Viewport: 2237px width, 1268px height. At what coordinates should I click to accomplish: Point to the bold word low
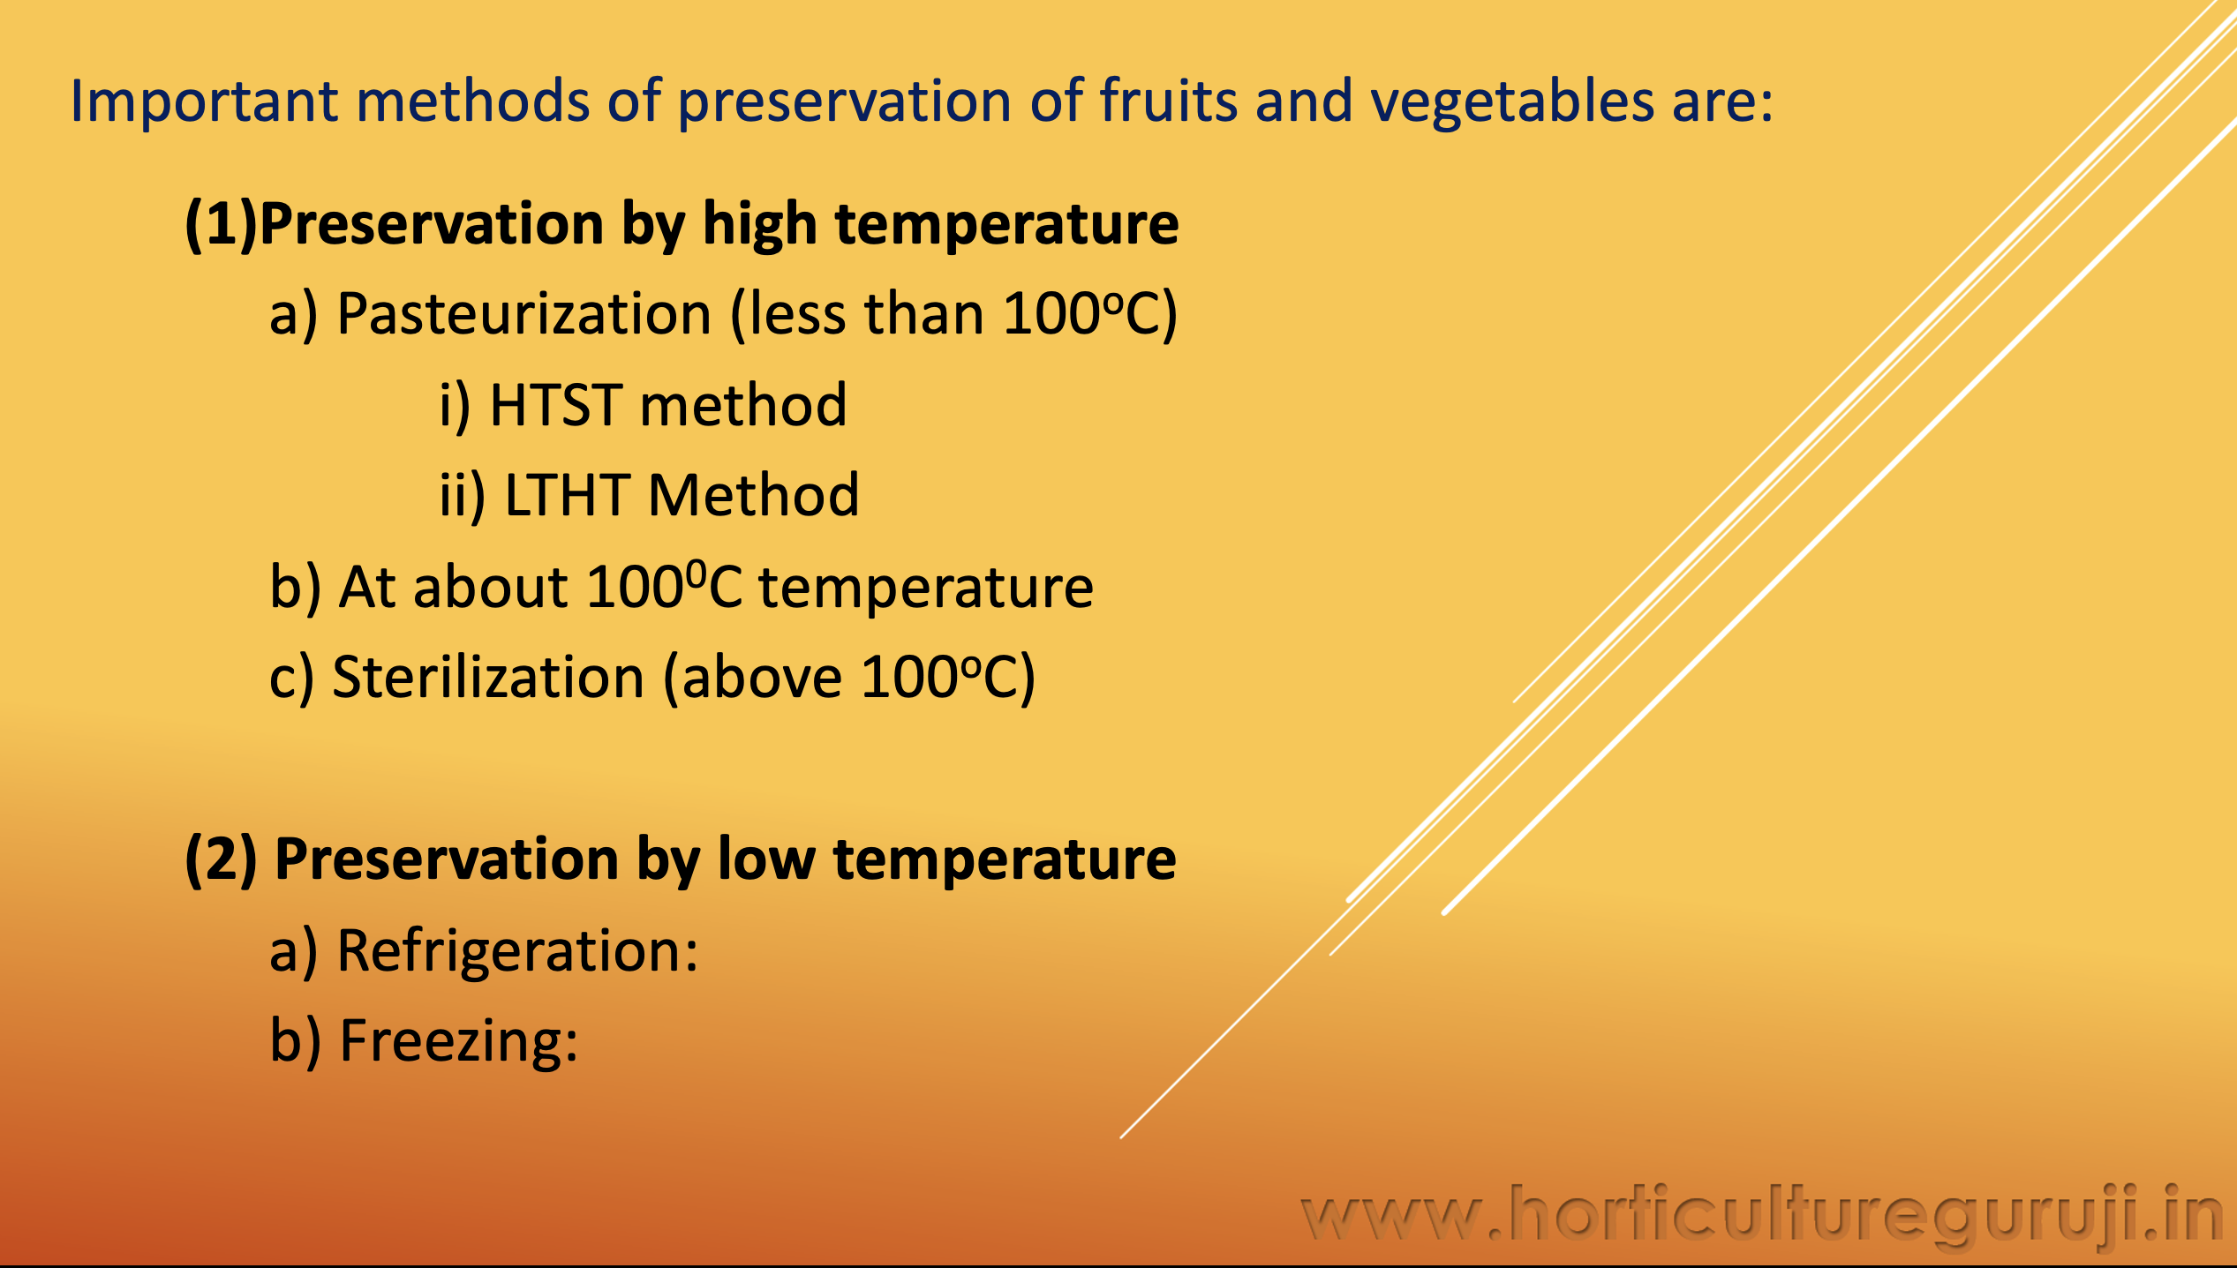(767, 859)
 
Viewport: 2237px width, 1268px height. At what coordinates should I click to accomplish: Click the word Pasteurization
(524, 314)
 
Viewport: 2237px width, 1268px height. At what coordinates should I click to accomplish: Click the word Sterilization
(488, 678)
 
